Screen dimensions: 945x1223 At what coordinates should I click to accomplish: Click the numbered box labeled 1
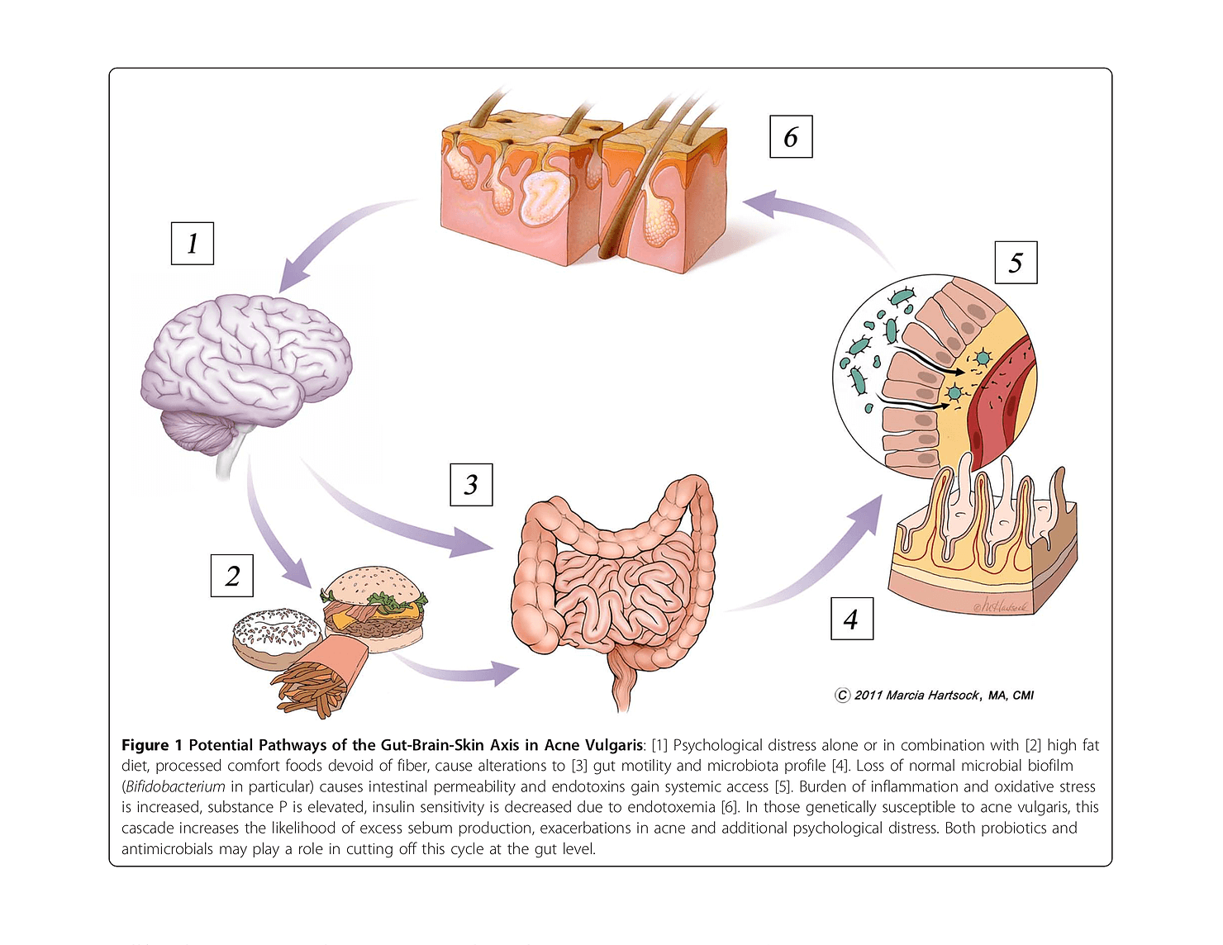[x=192, y=243]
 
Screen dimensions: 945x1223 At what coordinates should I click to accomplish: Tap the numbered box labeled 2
[x=232, y=575]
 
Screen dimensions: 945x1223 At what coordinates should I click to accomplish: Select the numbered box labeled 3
[x=471, y=484]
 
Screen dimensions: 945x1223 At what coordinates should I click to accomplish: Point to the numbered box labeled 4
[x=851, y=618]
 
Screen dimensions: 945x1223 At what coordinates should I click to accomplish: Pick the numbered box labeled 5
[x=1016, y=262]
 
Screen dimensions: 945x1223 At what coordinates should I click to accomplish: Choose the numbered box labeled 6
[x=791, y=136]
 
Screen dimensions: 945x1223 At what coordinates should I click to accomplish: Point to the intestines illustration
[x=616, y=586]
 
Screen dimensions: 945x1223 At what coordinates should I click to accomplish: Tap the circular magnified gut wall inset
[x=934, y=372]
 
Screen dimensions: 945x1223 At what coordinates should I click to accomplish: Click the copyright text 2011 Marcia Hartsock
[x=935, y=695]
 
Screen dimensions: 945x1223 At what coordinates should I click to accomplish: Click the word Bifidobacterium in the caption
[x=174, y=786]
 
